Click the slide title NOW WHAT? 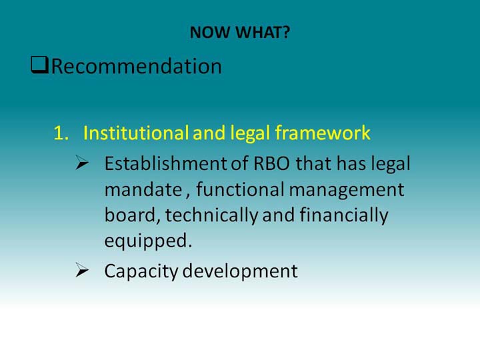coord(240,32)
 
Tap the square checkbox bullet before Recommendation coord(39,65)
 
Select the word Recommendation coord(137,66)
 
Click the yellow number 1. coord(61,133)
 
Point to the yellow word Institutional coord(135,133)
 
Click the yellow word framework coord(323,133)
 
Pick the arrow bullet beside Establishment coord(82,162)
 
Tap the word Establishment coord(165,163)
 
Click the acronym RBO coord(271,163)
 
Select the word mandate coord(143,189)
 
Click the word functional coord(240,189)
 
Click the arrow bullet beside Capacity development coord(82,270)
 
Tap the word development coord(240,271)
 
